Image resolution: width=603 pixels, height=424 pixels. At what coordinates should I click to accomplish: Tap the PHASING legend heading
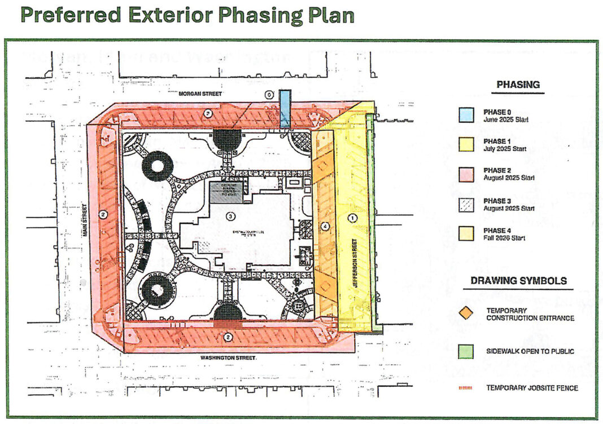click(518, 85)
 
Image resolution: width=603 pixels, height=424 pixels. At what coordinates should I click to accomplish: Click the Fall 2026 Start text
click(504, 238)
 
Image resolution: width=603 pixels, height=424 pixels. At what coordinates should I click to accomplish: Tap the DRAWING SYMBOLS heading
click(518, 280)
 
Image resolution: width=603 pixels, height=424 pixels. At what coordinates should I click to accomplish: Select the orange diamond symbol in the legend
click(466, 314)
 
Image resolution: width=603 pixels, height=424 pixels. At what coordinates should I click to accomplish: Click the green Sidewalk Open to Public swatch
click(466, 351)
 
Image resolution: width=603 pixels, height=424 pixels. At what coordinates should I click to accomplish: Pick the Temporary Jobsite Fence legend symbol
click(466, 388)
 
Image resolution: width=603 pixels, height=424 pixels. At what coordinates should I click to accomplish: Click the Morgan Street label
click(200, 94)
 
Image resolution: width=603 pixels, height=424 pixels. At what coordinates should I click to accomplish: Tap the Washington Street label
click(229, 358)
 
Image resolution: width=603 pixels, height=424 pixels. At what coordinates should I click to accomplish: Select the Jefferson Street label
click(355, 263)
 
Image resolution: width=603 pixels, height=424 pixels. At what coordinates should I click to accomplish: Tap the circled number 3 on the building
click(230, 216)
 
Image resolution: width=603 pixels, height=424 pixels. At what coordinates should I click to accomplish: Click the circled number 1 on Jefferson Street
click(353, 217)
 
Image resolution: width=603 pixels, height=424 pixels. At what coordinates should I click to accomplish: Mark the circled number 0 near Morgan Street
click(269, 95)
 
